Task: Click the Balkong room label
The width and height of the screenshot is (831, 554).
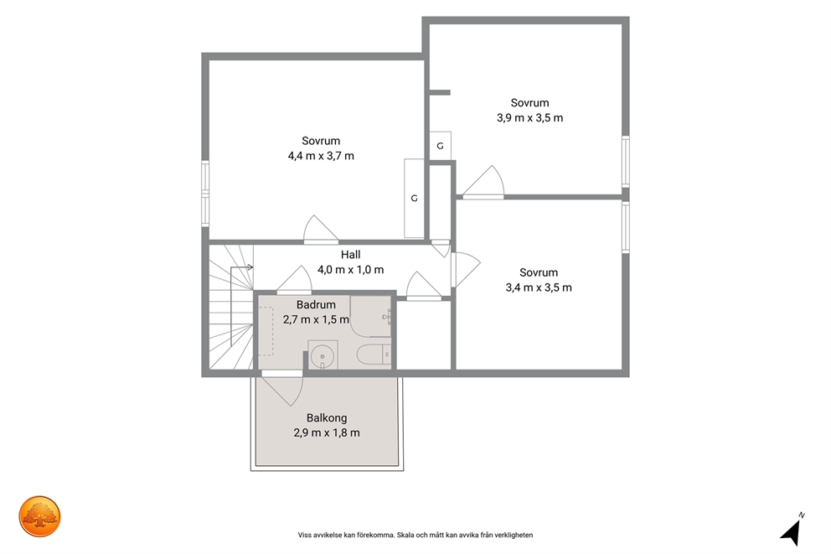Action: click(327, 417)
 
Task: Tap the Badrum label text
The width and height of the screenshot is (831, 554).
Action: click(316, 305)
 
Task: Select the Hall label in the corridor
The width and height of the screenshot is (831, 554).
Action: click(350, 255)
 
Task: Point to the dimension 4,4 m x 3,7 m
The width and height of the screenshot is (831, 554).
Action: click(321, 156)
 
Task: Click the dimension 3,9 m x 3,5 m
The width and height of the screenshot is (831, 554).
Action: click(530, 117)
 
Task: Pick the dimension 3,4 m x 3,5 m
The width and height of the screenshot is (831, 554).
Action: click(539, 287)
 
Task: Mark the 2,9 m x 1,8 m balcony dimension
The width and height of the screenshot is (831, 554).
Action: click(327, 432)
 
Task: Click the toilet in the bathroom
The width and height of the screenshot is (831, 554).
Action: click(374, 355)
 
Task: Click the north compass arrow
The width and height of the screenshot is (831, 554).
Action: click(792, 531)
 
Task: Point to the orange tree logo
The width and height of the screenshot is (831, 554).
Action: click(39, 516)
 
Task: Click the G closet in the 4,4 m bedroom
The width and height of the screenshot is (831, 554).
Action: click(414, 199)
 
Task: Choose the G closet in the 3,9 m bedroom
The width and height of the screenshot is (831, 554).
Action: click(440, 146)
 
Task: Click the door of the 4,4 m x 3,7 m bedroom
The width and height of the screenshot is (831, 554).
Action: click(321, 230)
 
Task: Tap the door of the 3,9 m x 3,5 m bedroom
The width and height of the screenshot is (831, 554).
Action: click(483, 183)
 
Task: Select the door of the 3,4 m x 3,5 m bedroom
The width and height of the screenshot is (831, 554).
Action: click(465, 270)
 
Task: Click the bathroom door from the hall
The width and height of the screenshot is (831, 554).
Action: click(293, 279)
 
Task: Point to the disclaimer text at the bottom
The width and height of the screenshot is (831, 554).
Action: click(415, 536)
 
